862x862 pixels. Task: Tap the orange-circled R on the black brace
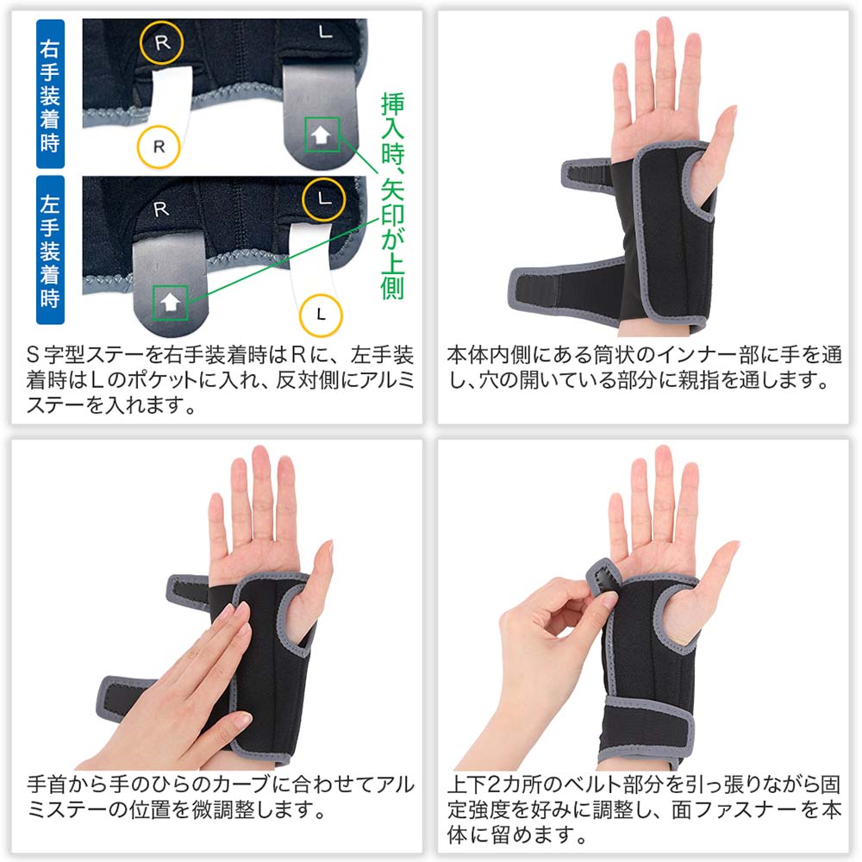click(160, 41)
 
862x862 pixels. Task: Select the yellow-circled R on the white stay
click(159, 145)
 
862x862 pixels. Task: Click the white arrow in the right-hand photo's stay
click(322, 134)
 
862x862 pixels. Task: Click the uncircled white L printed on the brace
click(324, 34)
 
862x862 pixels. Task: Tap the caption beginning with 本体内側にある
click(644, 367)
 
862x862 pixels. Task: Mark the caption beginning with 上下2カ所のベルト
click(644, 810)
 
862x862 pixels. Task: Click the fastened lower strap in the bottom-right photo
click(646, 728)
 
